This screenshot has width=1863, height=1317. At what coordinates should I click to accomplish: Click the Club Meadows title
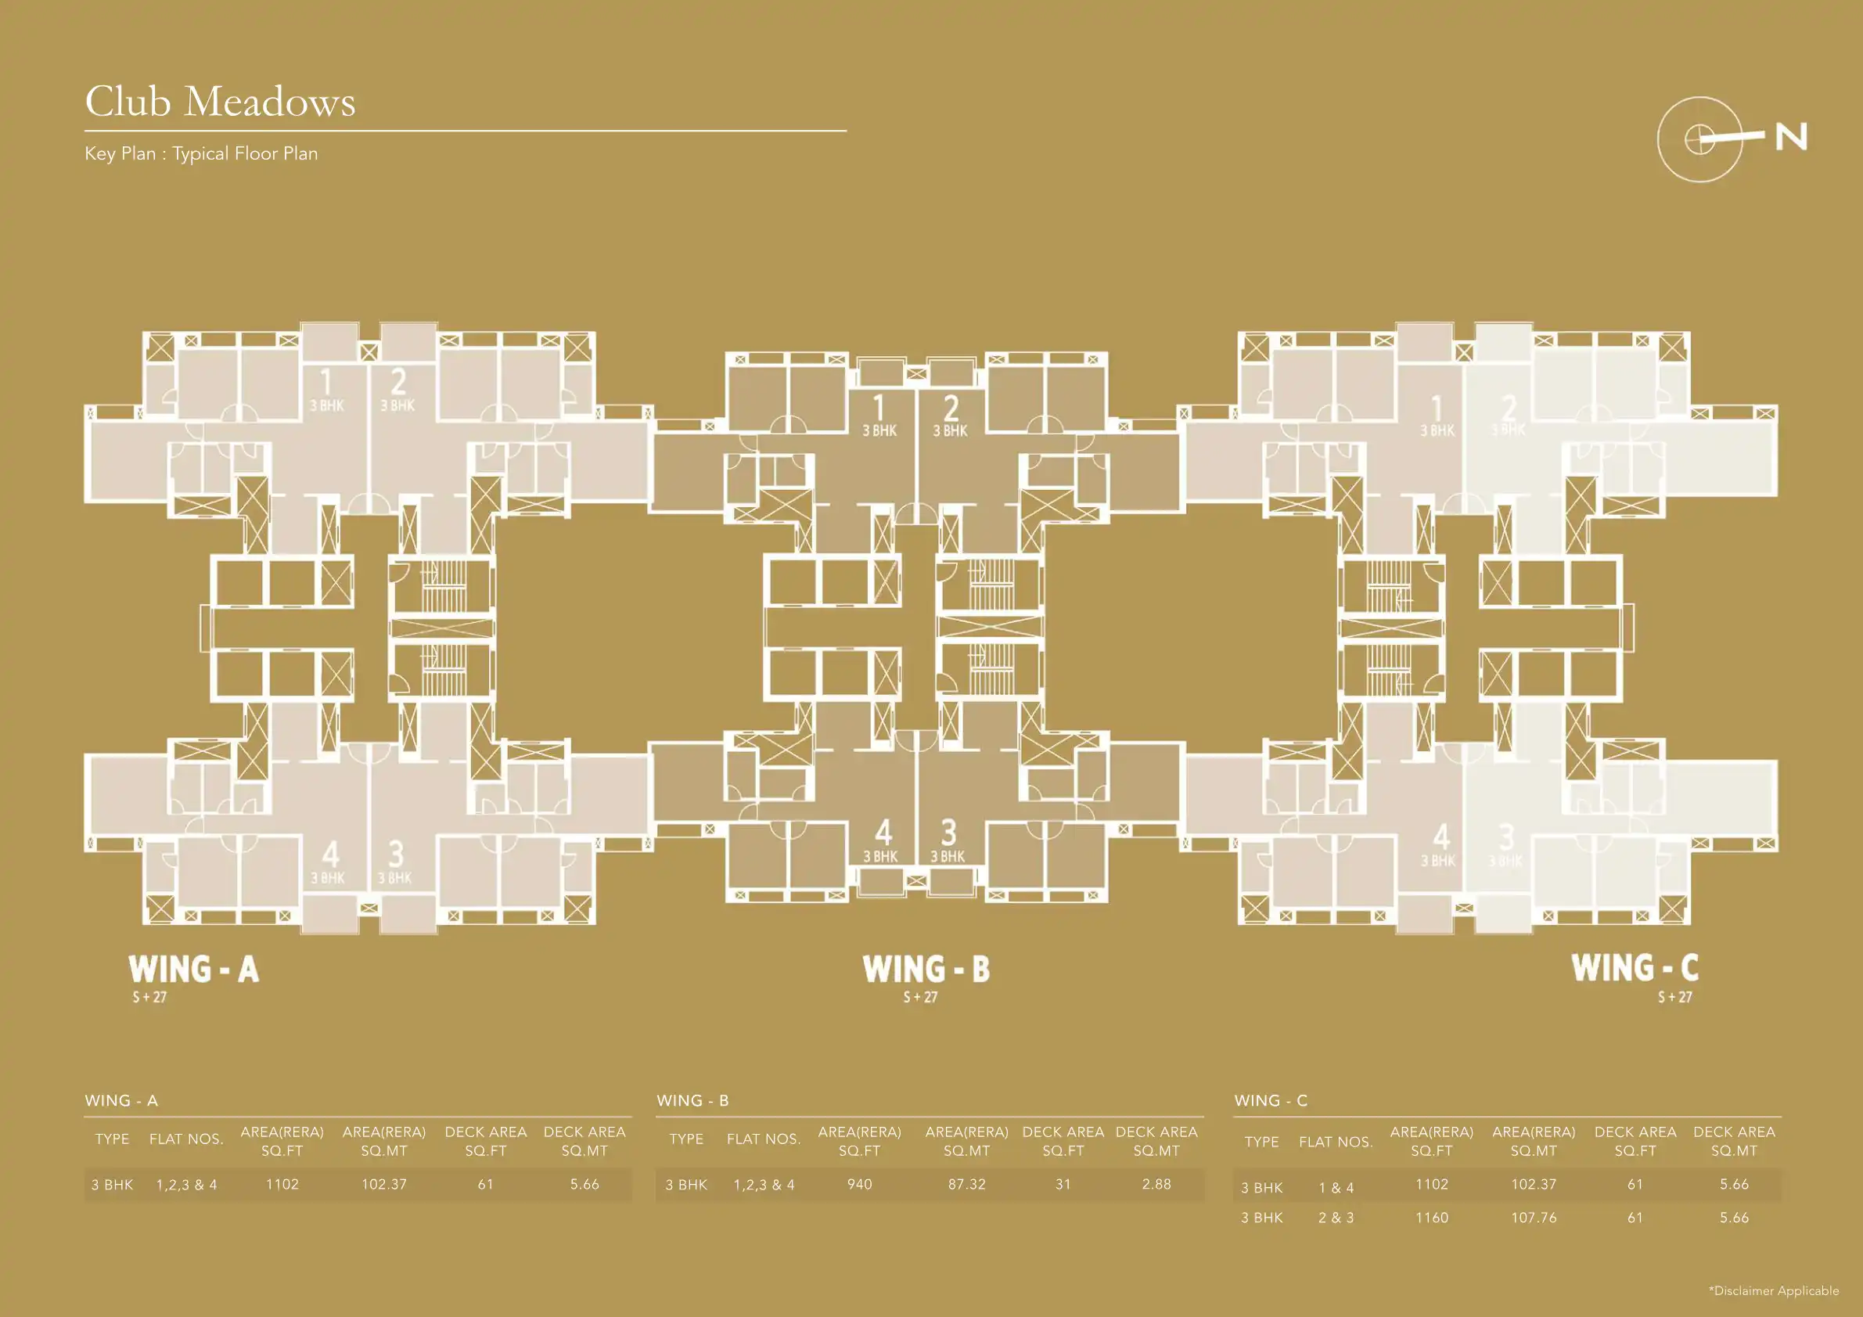[220, 103]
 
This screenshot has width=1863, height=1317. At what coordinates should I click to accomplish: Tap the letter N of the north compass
[1791, 137]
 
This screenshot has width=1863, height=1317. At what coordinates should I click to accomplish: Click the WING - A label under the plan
[193, 969]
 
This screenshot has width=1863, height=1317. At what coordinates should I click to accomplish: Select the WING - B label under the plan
[926, 969]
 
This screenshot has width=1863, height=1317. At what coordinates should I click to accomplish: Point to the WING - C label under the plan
[1635, 967]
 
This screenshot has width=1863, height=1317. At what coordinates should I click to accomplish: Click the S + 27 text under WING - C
[1674, 997]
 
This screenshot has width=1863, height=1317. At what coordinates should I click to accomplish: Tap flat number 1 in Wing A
[326, 381]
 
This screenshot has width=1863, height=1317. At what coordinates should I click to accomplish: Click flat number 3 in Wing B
[948, 833]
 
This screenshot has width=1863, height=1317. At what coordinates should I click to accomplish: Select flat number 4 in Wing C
[1440, 837]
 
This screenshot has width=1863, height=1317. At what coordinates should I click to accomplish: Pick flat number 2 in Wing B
[950, 408]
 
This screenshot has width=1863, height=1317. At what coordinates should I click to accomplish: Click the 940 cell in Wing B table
[859, 1184]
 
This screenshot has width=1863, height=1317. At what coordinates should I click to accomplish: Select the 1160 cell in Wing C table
[1431, 1217]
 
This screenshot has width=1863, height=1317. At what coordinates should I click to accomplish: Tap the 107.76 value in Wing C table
[1533, 1217]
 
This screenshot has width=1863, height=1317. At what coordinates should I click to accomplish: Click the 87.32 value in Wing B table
[966, 1184]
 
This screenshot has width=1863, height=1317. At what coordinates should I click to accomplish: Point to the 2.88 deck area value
[1156, 1184]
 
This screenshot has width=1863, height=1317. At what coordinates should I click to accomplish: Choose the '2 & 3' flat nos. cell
[1336, 1217]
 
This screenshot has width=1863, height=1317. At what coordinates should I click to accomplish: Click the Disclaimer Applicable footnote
[1774, 1290]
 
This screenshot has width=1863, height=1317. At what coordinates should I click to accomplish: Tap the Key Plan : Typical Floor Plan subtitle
[201, 153]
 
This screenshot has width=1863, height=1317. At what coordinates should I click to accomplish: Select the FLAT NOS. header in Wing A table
[185, 1139]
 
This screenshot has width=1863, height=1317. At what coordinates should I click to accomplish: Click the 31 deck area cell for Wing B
[1063, 1184]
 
